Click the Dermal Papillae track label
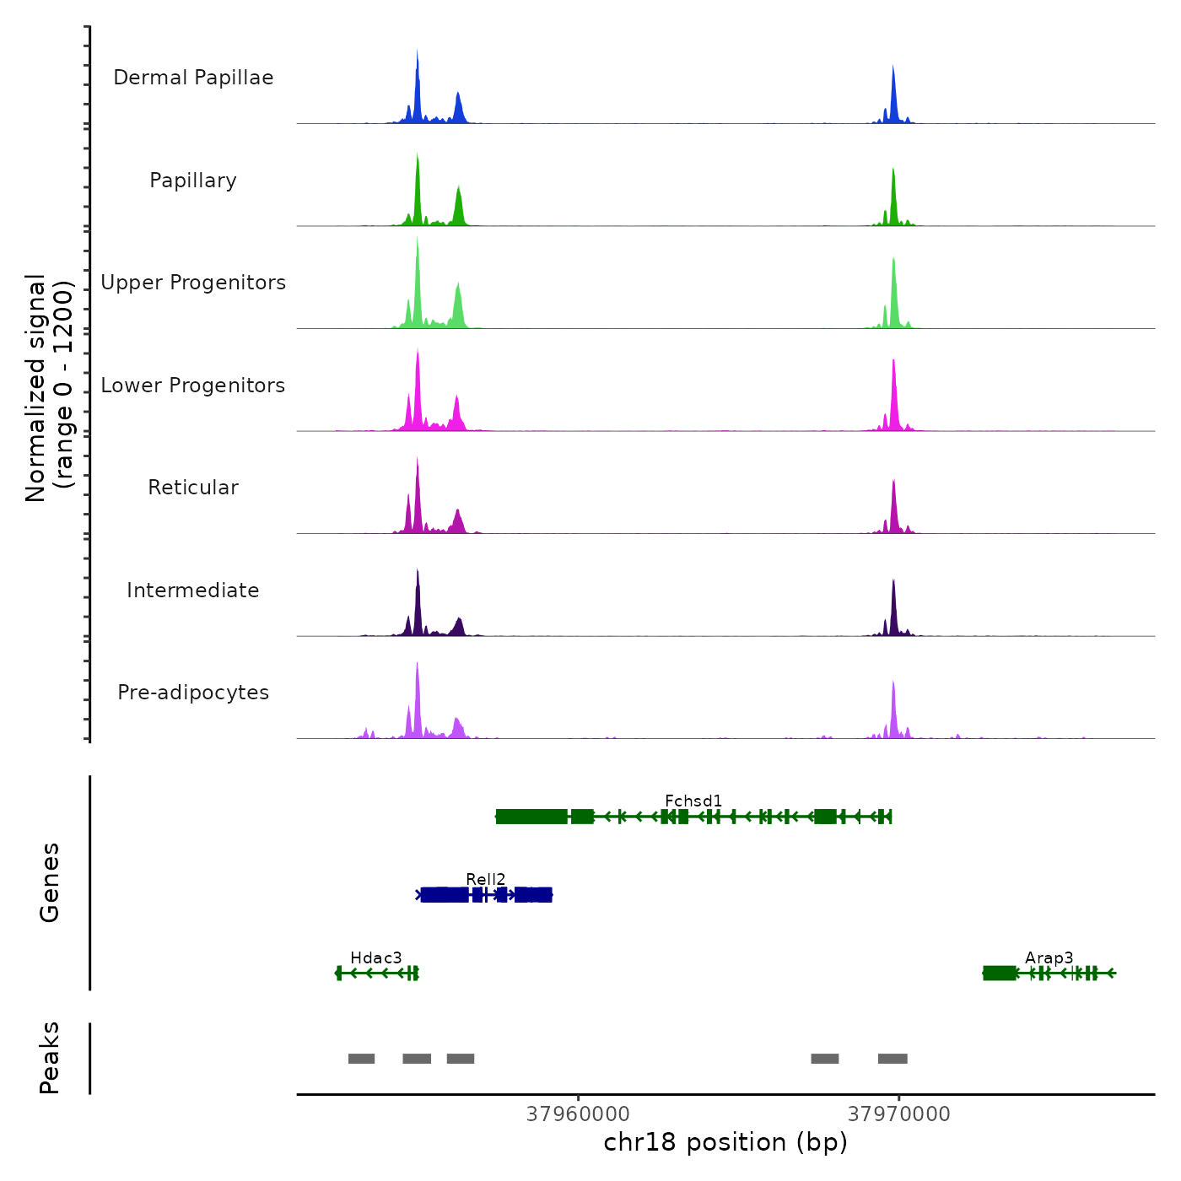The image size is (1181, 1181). (x=193, y=78)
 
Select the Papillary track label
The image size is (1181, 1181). (x=193, y=181)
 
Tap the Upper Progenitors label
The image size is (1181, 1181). (x=193, y=283)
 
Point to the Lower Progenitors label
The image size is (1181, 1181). (x=193, y=386)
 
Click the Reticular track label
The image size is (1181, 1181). (x=193, y=488)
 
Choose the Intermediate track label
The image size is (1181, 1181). (x=193, y=590)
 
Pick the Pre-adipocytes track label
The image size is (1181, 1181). (x=193, y=693)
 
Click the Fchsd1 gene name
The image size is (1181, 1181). (x=693, y=801)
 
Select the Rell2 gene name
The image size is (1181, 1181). (x=486, y=879)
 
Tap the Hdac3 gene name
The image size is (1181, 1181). (x=376, y=957)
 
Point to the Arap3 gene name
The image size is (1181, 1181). (x=1049, y=957)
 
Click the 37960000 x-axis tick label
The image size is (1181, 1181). (x=578, y=1114)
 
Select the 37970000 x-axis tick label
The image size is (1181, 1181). (x=899, y=1114)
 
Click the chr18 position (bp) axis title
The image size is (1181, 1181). (x=725, y=1142)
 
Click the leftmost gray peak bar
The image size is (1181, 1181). (x=361, y=1059)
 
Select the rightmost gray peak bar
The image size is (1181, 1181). (x=892, y=1059)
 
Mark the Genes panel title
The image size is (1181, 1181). (x=50, y=882)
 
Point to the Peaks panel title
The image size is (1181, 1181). (x=50, y=1058)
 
